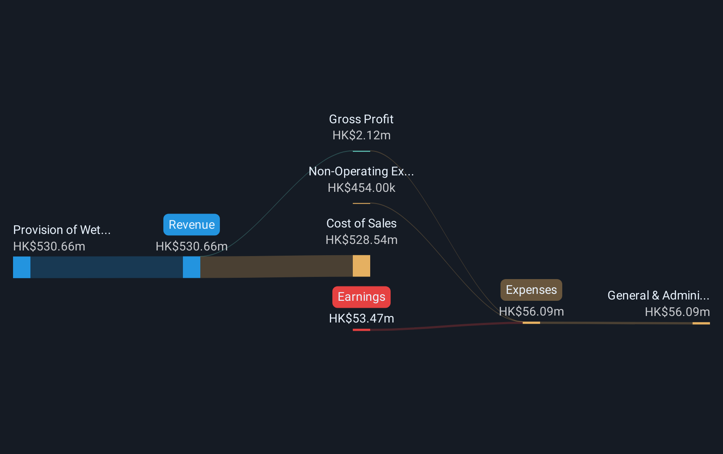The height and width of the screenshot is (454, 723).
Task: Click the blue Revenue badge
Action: click(x=192, y=224)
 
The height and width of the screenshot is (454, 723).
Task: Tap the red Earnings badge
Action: click(x=361, y=296)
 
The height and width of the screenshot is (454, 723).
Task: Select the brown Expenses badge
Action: click(x=531, y=290)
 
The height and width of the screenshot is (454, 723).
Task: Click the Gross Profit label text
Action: click(x=361, y=119)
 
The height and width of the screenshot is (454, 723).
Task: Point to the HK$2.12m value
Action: click(x=361, y=135)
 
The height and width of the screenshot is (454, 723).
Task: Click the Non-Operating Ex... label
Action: click(x=361, y=171)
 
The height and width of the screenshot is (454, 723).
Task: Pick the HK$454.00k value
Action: click(x=361, y=188)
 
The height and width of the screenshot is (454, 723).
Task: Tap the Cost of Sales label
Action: click(x=361, y=224)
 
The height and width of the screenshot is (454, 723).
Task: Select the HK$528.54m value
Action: click(x=361, y=240)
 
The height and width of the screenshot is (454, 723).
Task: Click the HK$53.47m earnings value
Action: click(x=361, y=319)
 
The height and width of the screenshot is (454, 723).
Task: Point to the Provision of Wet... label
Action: click(x=62, y=230)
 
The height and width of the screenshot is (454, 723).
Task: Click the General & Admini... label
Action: click(x=658, y=295)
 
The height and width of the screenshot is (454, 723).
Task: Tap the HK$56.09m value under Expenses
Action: click(x=531, y=312)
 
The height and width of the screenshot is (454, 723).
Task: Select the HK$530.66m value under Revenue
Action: click(x=192, y=247)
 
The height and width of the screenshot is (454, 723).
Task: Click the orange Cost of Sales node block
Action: click(x=361, y=266)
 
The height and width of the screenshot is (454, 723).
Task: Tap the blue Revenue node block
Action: click(x=192, y=267)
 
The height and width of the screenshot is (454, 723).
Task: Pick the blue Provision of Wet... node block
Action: click(x=22, y=267)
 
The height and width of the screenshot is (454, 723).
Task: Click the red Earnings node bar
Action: click(x=361, y=329)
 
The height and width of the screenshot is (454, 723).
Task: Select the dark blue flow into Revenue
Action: click(x=106, y=267)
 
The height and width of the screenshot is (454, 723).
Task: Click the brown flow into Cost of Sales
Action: click(x=276, y=266)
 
